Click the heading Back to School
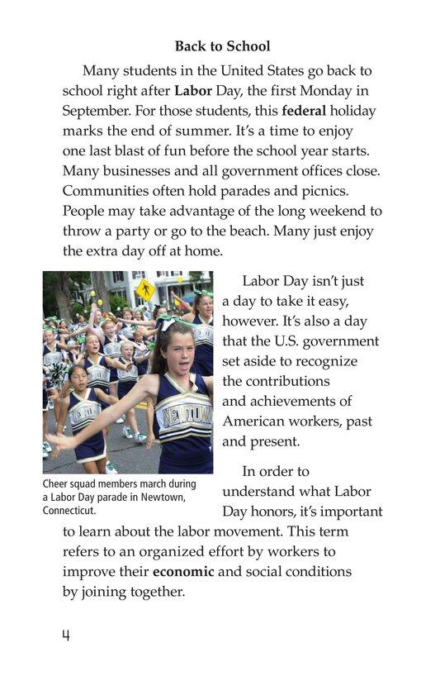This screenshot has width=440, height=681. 222,46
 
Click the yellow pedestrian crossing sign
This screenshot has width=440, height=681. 145,290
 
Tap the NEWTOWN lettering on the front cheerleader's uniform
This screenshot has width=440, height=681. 183,411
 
